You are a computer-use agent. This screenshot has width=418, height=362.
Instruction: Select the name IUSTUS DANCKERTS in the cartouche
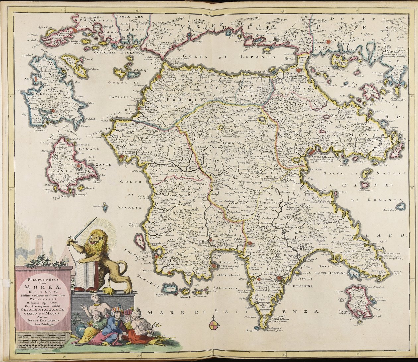(x=43, y=321)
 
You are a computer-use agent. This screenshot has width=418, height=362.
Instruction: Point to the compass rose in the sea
(x=214, y=325)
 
